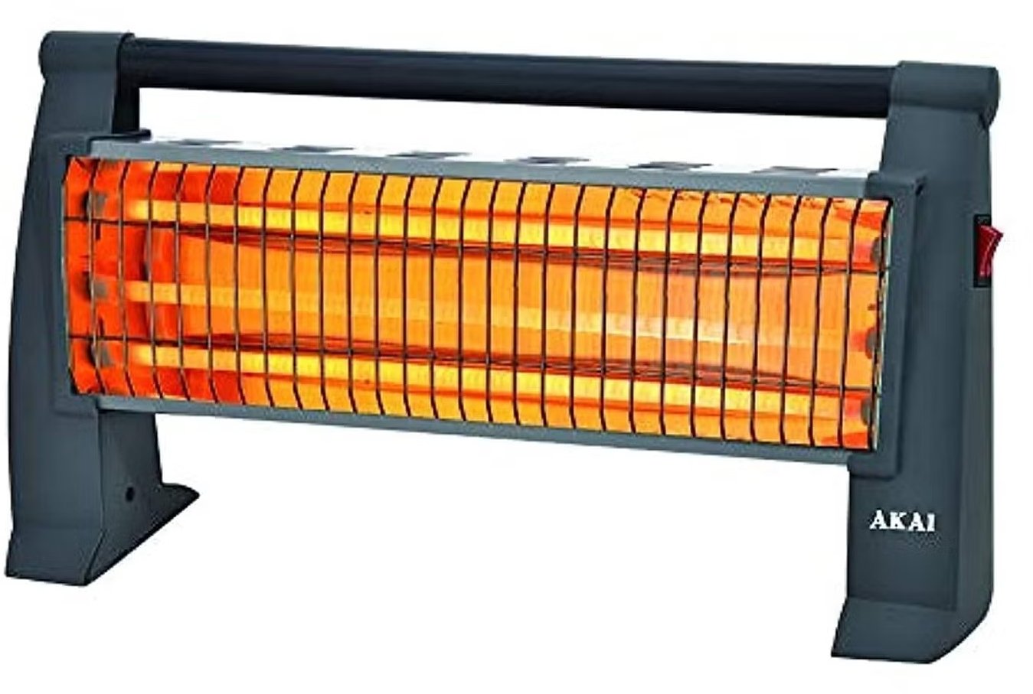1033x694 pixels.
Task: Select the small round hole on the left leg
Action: pos(130,494)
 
